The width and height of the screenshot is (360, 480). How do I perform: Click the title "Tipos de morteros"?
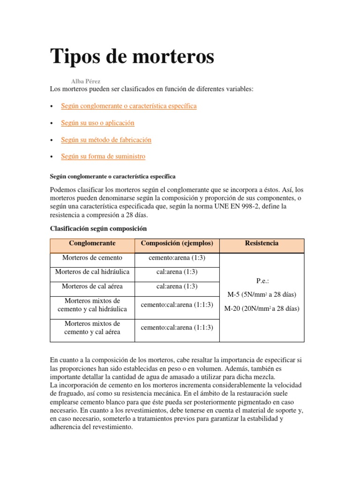click(132, 57)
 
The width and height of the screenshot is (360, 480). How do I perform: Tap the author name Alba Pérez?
click(85, 81)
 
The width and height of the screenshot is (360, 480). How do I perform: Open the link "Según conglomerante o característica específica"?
click(129, 106)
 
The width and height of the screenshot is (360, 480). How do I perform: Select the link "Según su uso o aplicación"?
click(97, 123)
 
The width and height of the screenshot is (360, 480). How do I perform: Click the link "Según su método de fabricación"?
click(106, 140)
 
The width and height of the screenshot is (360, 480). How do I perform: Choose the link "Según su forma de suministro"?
click(103, 157)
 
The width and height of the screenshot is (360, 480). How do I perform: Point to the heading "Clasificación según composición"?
click(98, 228)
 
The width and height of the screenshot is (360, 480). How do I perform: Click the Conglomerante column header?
click(92, 243)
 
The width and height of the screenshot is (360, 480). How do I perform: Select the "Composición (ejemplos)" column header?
click(177, 243)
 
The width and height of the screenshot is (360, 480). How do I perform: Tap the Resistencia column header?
click(262, 243)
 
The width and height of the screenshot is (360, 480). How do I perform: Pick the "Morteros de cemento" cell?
click(92, 258)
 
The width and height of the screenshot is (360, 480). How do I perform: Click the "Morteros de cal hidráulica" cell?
click(92, 272)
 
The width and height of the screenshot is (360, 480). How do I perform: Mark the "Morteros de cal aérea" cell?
click(92, 286)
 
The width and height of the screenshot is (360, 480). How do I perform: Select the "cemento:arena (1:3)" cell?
click(177, 258)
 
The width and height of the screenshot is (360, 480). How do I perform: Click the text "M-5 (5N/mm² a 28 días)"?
click(262, 294)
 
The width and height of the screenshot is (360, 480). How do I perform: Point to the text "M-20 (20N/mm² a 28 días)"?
click(262, 308)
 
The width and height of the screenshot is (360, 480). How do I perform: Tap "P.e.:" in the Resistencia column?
click(262, 281)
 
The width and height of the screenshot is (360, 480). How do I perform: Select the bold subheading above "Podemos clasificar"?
click(112, 177)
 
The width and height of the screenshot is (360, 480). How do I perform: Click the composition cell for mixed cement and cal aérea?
click(177, 328)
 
